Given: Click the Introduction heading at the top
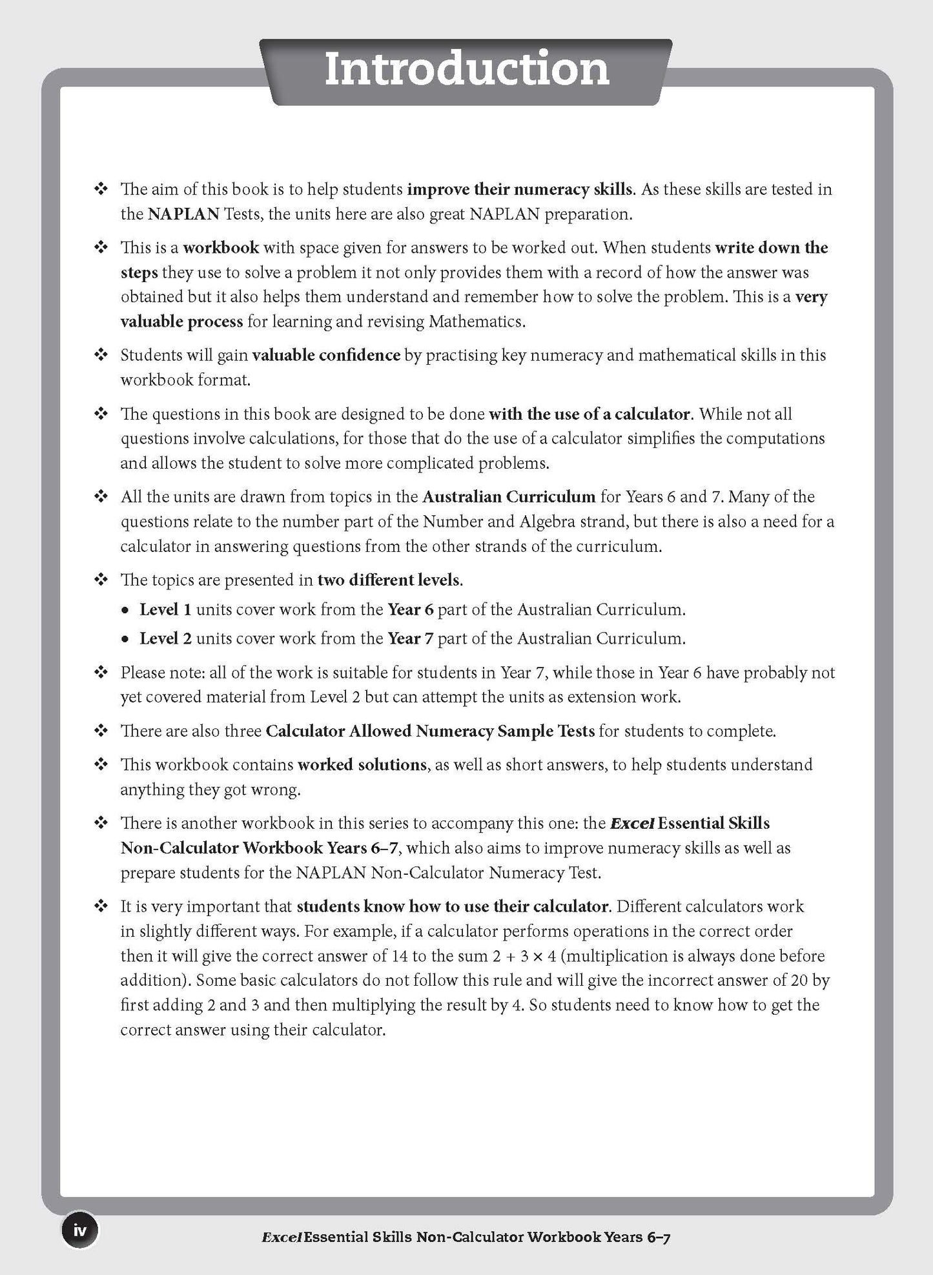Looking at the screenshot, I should pos(466,70).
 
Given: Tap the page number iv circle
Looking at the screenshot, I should pos(79,1230).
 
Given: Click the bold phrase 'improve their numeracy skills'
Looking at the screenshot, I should pos(520,189).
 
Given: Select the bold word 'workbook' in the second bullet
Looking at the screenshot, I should pos(221,247).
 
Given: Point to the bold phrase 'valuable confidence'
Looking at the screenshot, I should pos(325,355).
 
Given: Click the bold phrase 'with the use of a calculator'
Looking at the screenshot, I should pos(590,414).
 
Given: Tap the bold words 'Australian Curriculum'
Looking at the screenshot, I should pos(508,496).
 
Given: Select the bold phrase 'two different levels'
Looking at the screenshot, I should pos(388,580).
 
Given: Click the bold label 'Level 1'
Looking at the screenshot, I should pos(165,609).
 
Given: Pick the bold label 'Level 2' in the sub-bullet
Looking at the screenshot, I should pos(165,639).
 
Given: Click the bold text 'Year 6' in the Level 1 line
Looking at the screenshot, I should pos(410,609).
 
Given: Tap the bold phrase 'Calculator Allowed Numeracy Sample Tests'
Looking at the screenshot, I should pos(430,731).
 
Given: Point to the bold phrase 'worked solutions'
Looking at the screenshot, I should pos(362,765).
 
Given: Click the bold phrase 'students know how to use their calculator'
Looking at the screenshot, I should pos(452,906).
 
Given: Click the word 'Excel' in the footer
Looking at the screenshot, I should pos(282,1237).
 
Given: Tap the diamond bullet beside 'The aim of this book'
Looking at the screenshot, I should pos(101,189).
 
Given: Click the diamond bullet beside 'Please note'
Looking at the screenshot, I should pos(101,673).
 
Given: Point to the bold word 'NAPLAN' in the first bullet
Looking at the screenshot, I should pos(183,214).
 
